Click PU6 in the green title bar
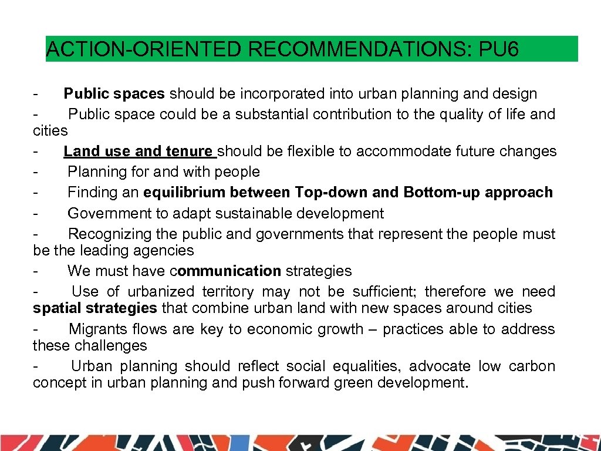click(x=499, y=49)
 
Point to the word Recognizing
click(x=110, y=234)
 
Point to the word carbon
click(x=532, y=366)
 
